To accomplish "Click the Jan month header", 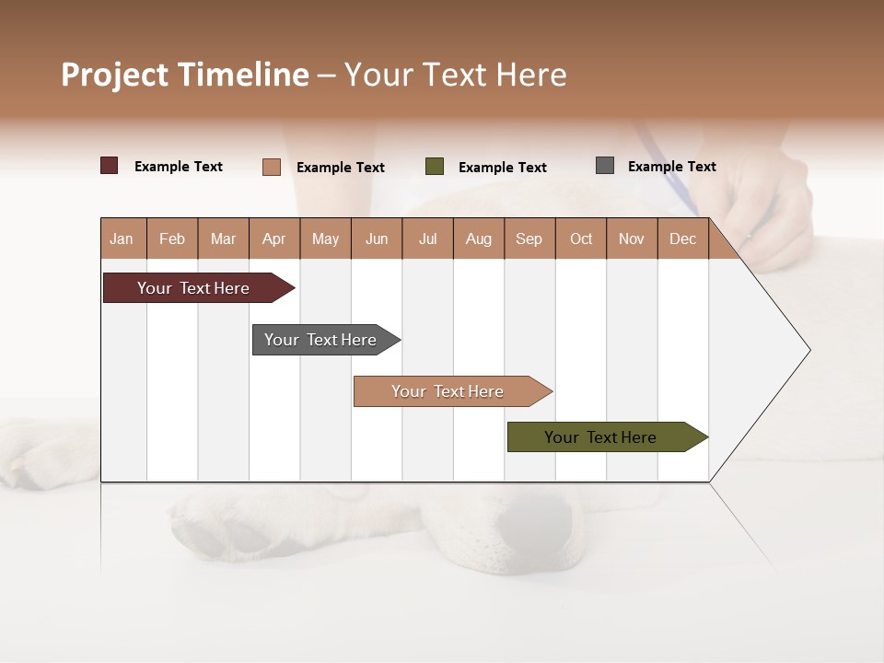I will pos(122,239).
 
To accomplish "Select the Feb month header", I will pos(172,239).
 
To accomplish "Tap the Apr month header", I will pos(273,239).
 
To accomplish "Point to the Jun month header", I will pos(377,239).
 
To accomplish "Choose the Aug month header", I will pos(478,239).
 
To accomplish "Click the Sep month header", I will pos(529,239).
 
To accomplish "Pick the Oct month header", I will pos(581,239).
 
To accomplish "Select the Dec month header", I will pos(682,239).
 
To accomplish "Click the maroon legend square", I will pos(110,166).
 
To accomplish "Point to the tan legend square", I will pos(272,167).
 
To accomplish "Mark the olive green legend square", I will pos(435,167).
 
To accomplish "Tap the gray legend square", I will pos(605,166).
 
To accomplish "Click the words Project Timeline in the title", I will pos(185,75).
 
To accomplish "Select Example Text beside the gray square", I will pos(671,167).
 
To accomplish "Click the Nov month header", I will pos(632,239).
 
